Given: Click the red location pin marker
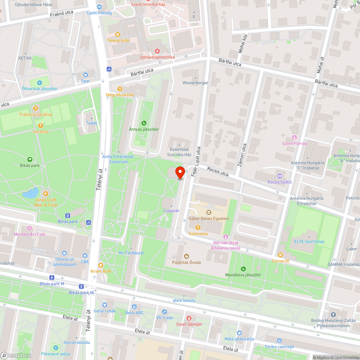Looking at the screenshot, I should (180, 172).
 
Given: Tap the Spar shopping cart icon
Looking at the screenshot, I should (86, 75).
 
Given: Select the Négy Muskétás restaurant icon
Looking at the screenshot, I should (120, 89).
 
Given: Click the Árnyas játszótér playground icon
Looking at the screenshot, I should (144, 123).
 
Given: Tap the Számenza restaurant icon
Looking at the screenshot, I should (198, 228).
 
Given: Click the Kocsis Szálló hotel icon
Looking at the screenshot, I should (280, 176).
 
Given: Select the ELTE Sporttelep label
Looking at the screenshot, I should (309, 241).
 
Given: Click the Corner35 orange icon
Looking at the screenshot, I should (280, 255).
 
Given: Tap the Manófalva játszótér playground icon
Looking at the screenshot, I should (243, 269).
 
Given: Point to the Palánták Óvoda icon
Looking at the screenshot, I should (186, 256).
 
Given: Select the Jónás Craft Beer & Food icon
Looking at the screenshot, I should (45, 194).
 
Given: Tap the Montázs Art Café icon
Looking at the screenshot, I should (30, 228).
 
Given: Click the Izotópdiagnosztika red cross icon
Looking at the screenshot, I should (157, 51).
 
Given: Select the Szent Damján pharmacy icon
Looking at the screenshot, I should (189, 318).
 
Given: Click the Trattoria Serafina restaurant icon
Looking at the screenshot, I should (35, 108).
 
